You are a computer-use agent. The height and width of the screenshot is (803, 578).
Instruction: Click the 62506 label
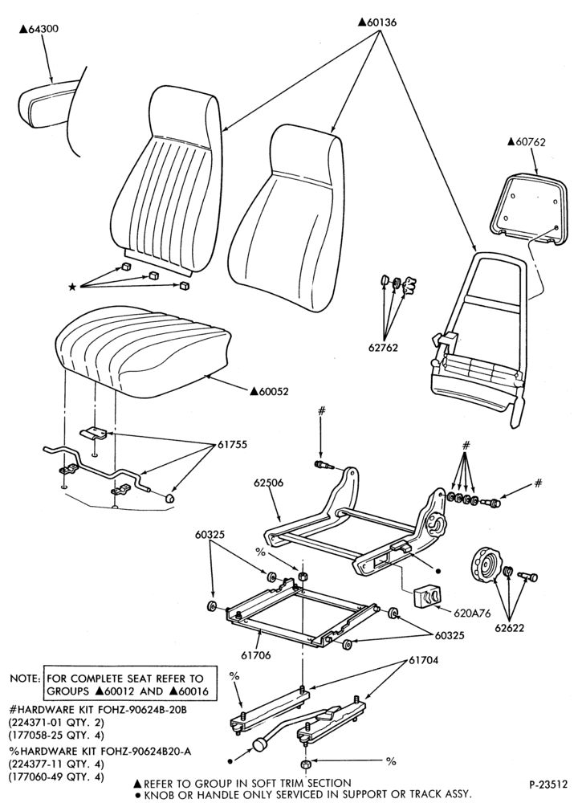[x=269, y=483]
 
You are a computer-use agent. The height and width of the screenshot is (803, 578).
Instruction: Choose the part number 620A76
[x=471, y=612]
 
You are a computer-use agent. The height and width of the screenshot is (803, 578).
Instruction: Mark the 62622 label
[x=509, y=628]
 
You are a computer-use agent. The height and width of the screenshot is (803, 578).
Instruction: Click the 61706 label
[x=255, y=655]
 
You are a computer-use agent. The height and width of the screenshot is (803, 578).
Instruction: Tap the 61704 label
[x=423, y=660]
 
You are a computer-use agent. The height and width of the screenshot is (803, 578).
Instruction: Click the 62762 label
[x=383, y=347]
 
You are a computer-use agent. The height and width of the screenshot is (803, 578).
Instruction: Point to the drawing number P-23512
[x=548, y=784]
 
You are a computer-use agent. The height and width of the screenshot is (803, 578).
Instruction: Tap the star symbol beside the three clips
[x=72, y=287]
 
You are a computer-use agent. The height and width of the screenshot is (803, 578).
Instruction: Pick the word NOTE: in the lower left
[x=25, y=679]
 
